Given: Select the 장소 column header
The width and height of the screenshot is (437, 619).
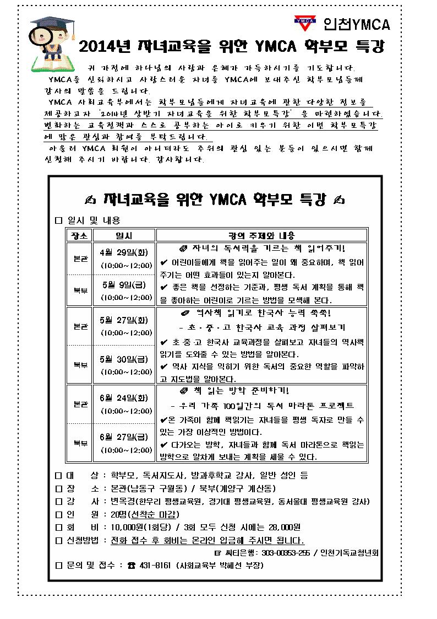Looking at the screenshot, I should pyautogui.click(x=78, y=235).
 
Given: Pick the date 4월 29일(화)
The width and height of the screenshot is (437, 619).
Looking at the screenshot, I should pyautogui.click(x=124, y=252).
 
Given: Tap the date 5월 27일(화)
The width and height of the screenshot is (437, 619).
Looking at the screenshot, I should pyautogui.click(x=124, y=320).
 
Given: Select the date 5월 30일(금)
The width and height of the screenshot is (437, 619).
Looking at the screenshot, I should pyautogui.click(x=124, y=359).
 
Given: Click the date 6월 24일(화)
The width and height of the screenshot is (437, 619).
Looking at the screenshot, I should pyautogui.click(x=124, y=398).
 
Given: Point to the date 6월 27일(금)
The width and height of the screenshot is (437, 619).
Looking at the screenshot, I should pyautogui.click(x=124, y=437).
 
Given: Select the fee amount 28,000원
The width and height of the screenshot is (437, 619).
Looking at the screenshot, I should pyautogui.click(x=282, y=528).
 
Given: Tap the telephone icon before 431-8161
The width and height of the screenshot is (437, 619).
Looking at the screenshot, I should pyautogui.click(x=130, y=566).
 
